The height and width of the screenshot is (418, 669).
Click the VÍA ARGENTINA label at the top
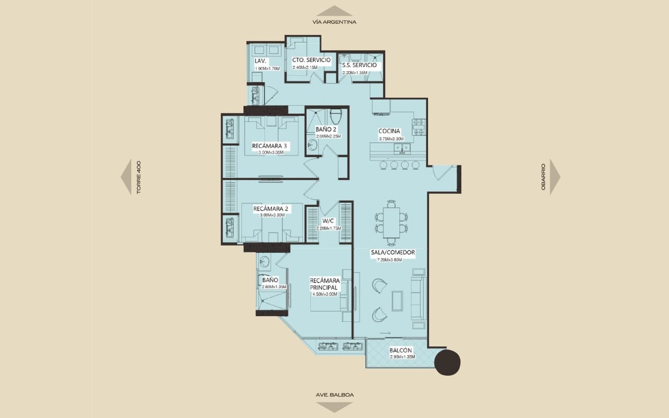(x=334, y=22)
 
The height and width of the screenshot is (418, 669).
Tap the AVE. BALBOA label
(x=334, y=394)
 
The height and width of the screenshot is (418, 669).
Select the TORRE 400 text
(x=139, y=177)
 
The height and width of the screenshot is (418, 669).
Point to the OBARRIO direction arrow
(x=555, y=177)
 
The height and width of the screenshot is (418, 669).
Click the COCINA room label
(x=389, y=131)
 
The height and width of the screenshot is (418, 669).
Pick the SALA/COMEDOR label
(x=393, y=252)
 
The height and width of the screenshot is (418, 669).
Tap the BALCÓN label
(x=400, y=350)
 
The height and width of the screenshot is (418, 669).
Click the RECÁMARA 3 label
(x=269, y=146)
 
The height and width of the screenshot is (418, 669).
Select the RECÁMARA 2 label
(x=271, y=208)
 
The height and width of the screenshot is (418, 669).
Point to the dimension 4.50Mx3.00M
(x=325, y=294)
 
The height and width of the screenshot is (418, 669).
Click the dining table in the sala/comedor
(x=391, y=223)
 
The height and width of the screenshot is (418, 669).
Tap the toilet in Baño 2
(x=336, y=116)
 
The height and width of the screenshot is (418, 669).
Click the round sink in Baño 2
(x=313, y=145)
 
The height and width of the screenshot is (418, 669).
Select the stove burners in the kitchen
(x=419, y=127)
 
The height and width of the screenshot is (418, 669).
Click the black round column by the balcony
(x=447, y=363)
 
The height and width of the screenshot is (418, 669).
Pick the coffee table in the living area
(x=397, y=301)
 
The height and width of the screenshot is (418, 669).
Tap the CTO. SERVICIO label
(x=312, y=60)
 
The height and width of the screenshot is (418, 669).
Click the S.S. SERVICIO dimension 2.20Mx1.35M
(x=355, y=72)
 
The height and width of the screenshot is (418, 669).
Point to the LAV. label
(x=260, y=61)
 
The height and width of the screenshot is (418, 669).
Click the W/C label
(x=328, y=221)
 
